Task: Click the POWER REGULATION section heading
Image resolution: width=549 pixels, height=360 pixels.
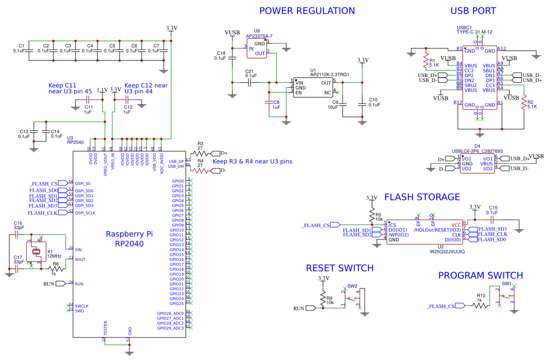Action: [307, 11]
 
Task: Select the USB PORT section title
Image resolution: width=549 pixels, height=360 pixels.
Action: [473, 11]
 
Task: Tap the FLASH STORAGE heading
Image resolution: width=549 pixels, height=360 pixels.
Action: [422, 197]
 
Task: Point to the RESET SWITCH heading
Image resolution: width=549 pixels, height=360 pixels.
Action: [340, 268]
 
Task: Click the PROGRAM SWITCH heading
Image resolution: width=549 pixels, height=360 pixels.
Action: [480, 275]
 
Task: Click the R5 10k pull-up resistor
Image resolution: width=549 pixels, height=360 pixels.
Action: [372, 215]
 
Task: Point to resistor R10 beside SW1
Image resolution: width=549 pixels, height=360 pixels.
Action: [480, 305]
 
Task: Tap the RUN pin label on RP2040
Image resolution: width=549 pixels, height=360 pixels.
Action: [79, 284]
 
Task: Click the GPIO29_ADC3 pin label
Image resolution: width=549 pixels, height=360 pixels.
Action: [170, 328]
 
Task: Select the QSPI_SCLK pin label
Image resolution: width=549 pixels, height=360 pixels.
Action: [85, 213]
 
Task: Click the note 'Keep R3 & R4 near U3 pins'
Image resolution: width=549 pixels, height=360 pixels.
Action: [252, 162]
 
